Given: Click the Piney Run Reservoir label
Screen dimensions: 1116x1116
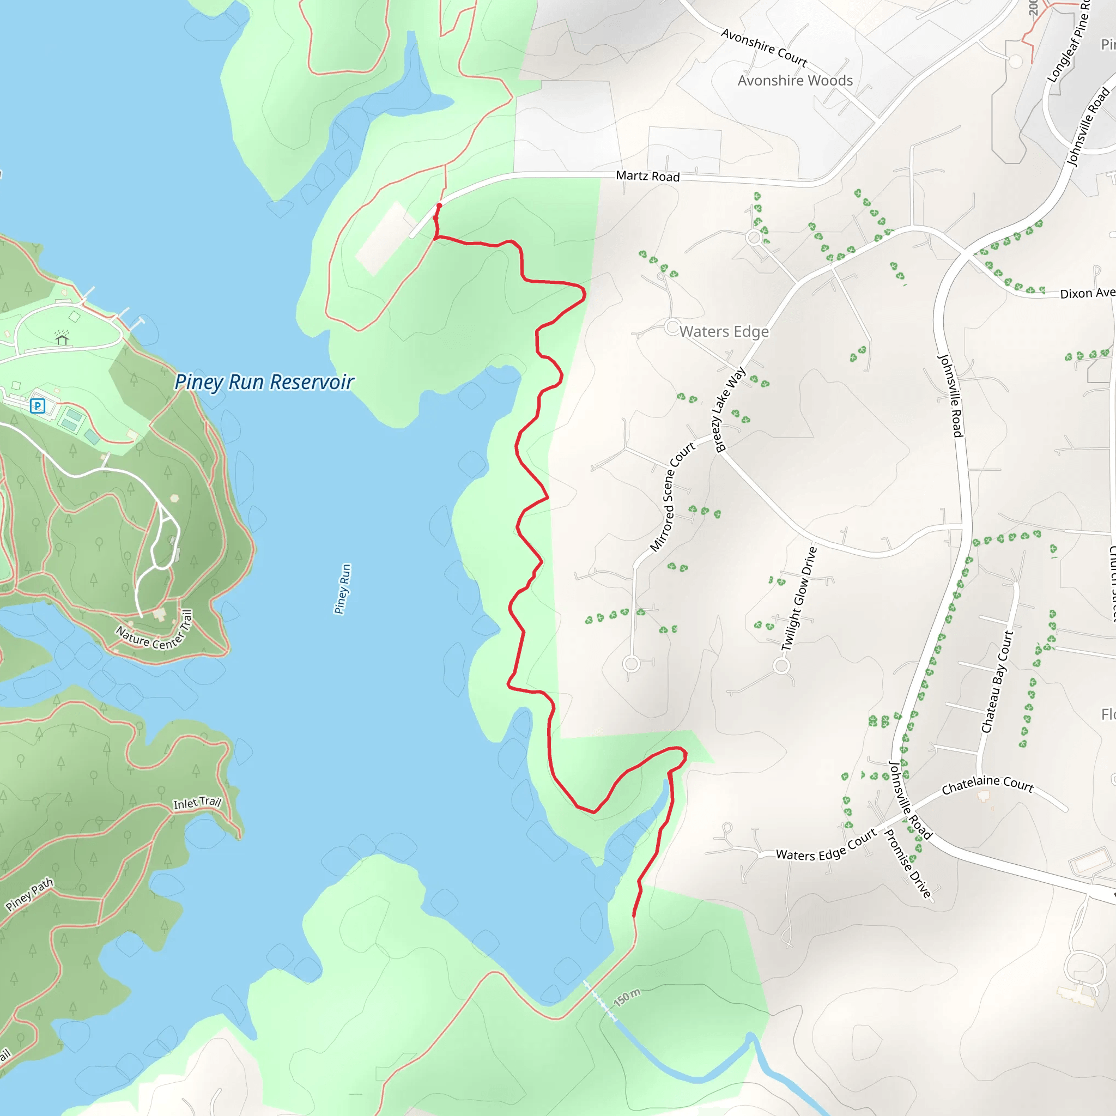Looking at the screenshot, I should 264,383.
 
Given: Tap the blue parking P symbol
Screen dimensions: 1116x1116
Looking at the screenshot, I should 38,406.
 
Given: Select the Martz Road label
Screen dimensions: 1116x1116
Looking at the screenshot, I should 647,176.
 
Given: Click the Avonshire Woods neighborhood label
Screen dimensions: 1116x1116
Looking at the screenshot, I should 795,81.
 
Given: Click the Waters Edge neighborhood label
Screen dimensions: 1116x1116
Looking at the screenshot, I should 724,331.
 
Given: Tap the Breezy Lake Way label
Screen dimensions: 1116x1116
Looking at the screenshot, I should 730,409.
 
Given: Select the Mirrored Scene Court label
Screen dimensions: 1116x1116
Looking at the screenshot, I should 672,498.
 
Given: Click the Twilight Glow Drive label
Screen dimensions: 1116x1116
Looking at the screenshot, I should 799,598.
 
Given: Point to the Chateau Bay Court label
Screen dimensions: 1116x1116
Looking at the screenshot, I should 998,682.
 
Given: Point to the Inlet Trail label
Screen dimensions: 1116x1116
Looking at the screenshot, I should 197,803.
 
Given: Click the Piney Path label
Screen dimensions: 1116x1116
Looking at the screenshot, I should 29,894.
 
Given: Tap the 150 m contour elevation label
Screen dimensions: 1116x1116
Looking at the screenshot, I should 627,997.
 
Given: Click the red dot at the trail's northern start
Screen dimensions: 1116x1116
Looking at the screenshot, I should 439,205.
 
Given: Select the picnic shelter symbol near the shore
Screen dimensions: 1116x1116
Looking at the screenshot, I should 62,338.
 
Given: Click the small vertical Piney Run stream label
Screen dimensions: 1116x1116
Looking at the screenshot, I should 343,589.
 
